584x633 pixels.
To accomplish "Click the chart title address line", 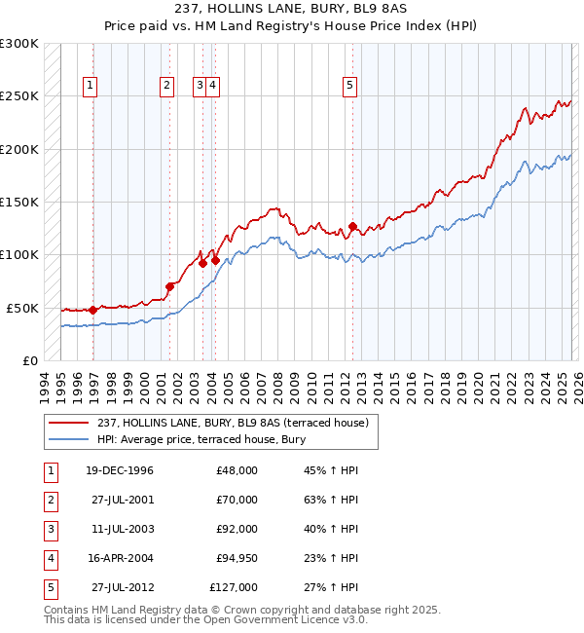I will tap(292, 9).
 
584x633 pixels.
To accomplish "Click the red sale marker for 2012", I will tap(352, 227).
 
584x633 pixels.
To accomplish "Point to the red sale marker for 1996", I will tap(93, 310).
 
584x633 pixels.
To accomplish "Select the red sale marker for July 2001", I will tap(169, 286).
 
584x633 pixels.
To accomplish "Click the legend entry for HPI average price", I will tap(201, 439).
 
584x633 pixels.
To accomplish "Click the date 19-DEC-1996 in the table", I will tap(119, 470).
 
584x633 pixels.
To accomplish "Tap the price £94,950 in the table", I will tap(234, 558).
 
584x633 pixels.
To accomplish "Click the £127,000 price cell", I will tap(234, 587).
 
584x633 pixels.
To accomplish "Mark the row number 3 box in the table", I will tap(48, 529).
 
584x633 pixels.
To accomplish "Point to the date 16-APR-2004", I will tap(119, 558).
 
